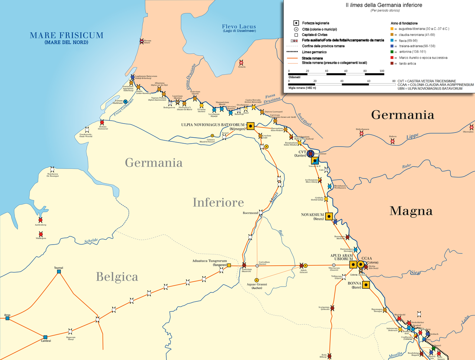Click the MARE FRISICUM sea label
(66, 36)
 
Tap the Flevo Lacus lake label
(239, 26)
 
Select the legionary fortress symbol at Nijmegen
(250, 126)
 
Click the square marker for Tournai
(59, 272)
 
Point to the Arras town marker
(7, 318)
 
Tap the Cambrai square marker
(45, 337)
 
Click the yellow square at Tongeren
(229, 265)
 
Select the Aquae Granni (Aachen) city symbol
(256, 280)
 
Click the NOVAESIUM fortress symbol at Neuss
(329, 216)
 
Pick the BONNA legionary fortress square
(366, 285)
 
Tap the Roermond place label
(250, 213)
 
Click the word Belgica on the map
(117, 277)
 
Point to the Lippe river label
(412, 137)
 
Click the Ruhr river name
(407, 166)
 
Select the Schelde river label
(91, 241)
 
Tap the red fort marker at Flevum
(142, 42)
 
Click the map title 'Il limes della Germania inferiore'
(384, 5)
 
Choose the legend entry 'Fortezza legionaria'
(315, 23)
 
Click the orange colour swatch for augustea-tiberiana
(392, 29)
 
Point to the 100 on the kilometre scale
(381, 71)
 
